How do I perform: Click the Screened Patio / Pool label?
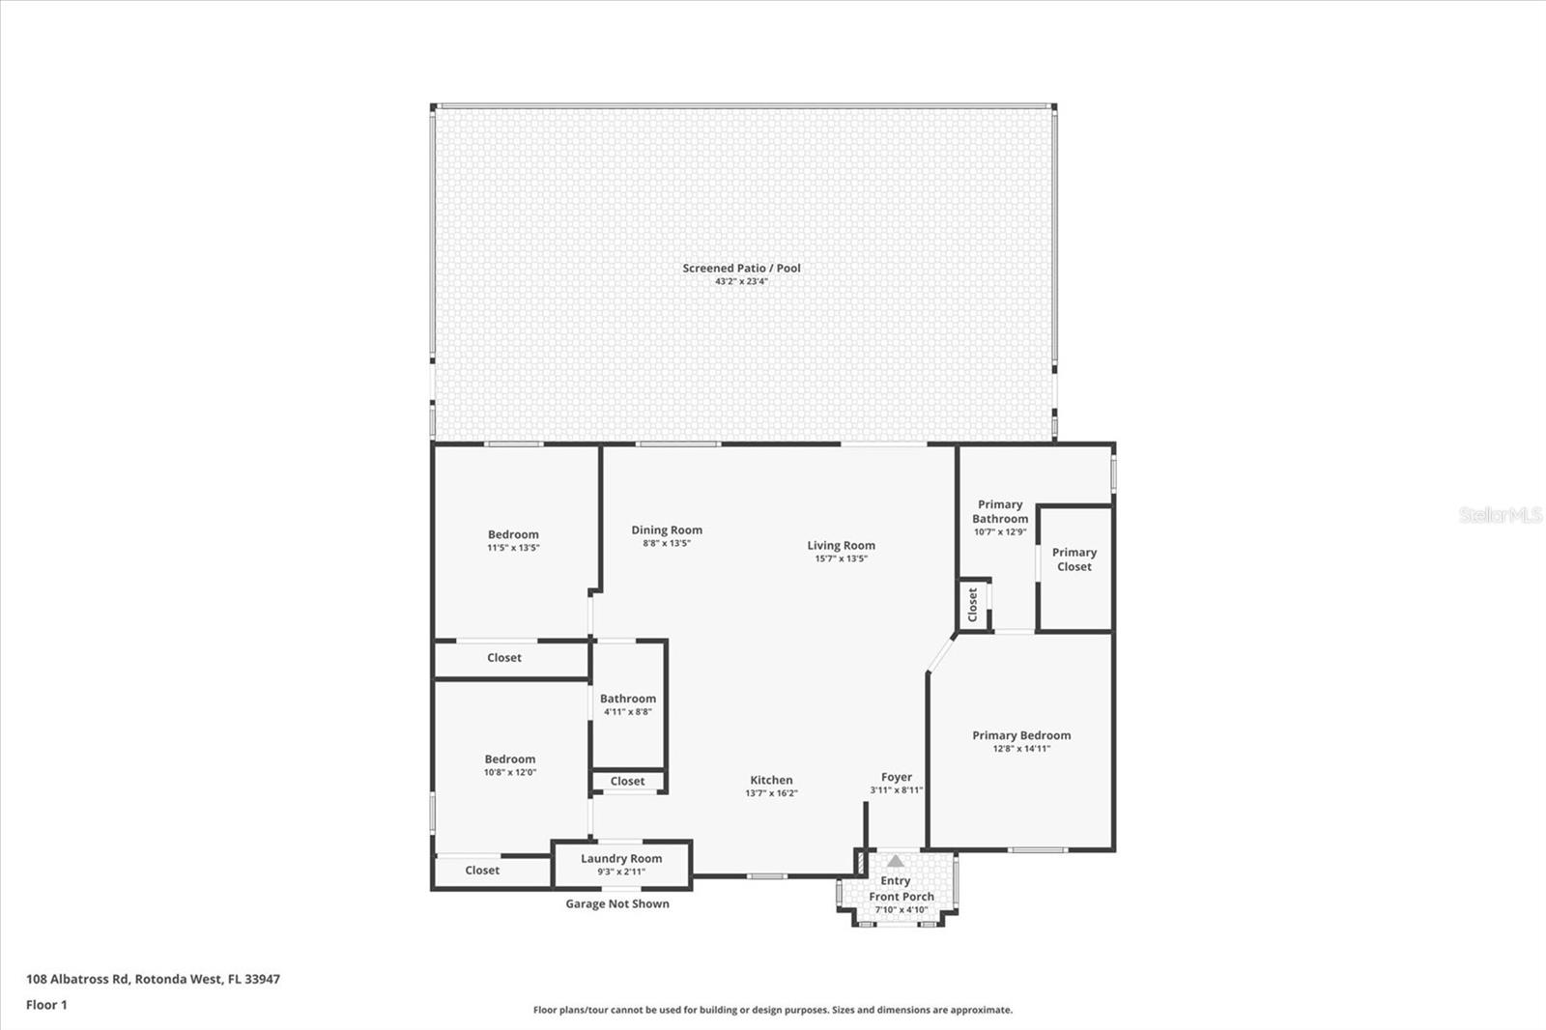point(741,268)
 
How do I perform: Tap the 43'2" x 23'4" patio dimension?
point(741,282)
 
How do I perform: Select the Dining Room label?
point(667,529)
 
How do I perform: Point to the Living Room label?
point(841,545)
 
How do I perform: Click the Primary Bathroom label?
point(1000,511)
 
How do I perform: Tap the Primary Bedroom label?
point(1021,735)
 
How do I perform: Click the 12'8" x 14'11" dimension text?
point(1021,748)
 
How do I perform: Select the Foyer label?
point(897,777)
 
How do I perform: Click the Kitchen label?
point(771,780)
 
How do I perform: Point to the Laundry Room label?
point(621,858)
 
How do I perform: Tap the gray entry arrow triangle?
point(895,861)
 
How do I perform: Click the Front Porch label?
point(902,896)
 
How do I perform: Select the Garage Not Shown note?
point(617,903)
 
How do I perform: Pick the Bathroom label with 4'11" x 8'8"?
point(628,699)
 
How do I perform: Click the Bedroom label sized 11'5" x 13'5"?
point(513,534)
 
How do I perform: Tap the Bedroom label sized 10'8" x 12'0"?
point(510,758)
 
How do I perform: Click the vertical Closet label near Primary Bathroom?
point(972,605)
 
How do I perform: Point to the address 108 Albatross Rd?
point(77,978)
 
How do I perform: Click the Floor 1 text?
point(47,1005)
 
